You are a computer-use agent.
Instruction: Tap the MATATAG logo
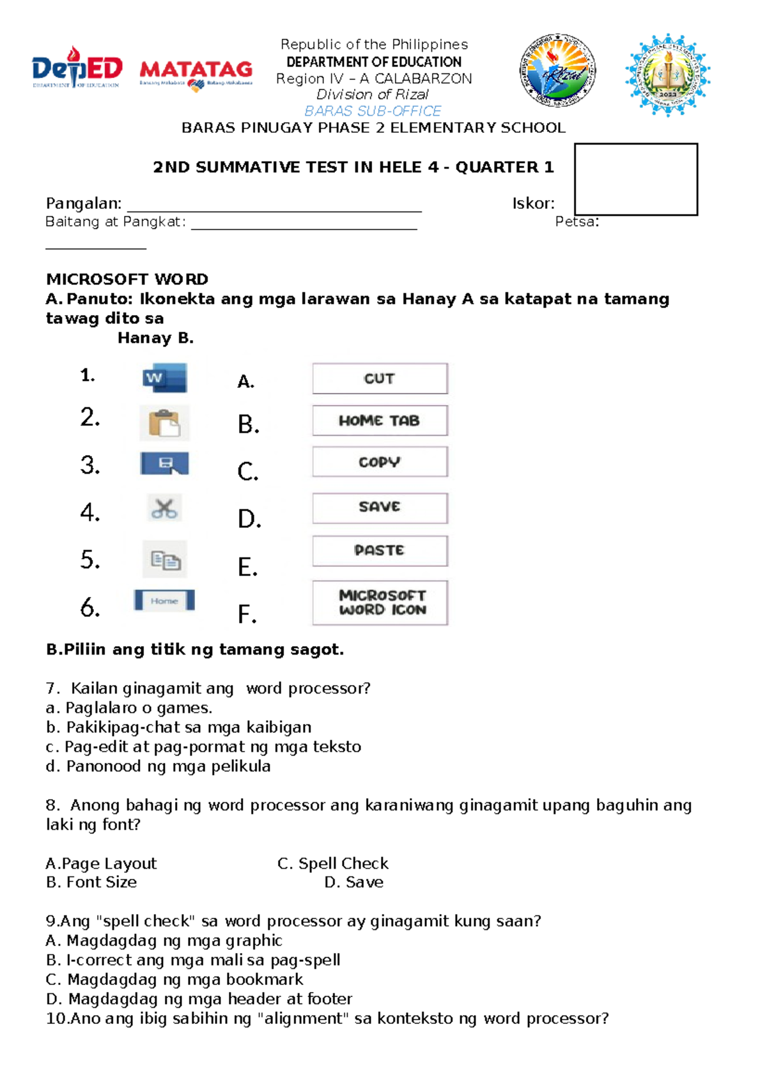pos(196,72)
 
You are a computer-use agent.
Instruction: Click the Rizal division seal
pos(557,70)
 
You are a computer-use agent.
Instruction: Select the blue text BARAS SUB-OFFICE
pos(373,111)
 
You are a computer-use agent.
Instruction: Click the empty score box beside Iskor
pos(635,179)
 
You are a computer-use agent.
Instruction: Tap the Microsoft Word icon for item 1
pos(165,377)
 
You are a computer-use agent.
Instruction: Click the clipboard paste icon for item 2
pos(164,422)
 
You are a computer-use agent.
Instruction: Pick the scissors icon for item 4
pos(164,509)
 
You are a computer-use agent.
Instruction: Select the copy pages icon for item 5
pos(165,560)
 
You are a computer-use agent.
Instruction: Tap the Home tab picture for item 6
pos(164,601)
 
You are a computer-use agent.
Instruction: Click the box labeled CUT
pos(380,378)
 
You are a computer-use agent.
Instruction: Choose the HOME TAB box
pos(380,421)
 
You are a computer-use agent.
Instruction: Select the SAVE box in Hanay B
pos(380,507)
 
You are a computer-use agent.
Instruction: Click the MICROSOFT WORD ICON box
pos(380,602)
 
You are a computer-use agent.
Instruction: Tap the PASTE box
pos(380,550)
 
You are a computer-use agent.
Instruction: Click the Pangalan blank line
pos(274,206)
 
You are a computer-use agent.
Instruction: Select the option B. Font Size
pos(91,882)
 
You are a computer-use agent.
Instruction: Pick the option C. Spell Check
pos(333,863)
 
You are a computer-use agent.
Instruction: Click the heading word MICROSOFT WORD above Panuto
pos(127,279)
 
